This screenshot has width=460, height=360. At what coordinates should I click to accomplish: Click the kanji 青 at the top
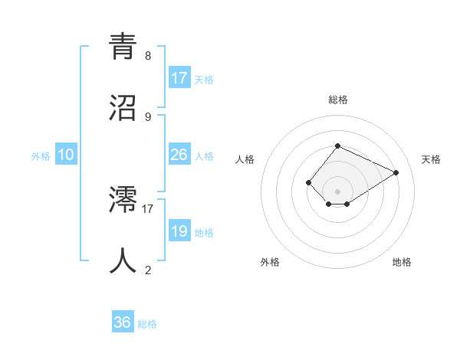tap(123, 47)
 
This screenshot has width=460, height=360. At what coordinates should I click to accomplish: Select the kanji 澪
tap(123, 201)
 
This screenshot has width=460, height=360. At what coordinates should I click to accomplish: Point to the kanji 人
tap(123, 260)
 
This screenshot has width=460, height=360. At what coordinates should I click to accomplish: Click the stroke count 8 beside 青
tap(148, 56)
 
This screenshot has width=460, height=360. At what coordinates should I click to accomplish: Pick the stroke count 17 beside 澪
tap(148, 208)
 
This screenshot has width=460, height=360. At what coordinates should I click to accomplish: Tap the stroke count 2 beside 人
tap(148, 270)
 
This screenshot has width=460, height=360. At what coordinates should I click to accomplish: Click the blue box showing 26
tap(179, 155)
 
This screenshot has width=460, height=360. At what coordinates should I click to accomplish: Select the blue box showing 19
tap(179, 231)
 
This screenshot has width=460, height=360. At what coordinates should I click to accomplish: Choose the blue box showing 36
tap(123, 322)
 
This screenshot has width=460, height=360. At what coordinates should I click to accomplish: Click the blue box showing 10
tap(66, 155)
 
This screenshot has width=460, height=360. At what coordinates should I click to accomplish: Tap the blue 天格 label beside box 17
tap(204, 80)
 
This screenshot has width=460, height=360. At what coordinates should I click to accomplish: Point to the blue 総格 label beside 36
tap(147, 324)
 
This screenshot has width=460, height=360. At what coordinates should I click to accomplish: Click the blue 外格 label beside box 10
tap(41, 156)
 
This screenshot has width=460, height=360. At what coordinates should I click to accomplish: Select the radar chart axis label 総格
tap(338, 100)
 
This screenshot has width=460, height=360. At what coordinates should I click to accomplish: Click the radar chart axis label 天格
tap(431, 159)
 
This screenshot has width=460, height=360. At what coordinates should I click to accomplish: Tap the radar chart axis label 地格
tap(402, 262)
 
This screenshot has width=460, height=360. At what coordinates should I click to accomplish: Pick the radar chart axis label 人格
tap(245, 159)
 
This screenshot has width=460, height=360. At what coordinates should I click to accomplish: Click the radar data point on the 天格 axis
tap(396, 172)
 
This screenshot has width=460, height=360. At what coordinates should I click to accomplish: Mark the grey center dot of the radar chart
tap(338, 191)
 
